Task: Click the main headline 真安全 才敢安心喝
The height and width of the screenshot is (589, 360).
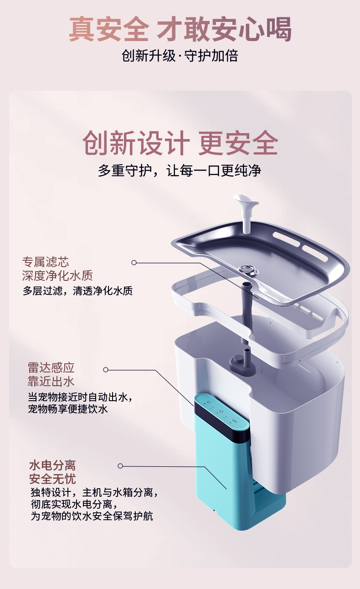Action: (180, 28)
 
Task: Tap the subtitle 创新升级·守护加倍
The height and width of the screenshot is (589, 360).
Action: (180, 56)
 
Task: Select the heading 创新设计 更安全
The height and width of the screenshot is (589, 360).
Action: (180, 143)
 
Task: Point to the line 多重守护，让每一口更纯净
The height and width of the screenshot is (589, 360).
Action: (180, 170)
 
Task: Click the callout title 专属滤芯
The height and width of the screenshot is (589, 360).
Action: (46, 262)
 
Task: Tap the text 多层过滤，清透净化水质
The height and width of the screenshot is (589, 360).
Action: (78, 291)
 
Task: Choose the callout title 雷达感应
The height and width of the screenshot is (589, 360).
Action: (51, 367)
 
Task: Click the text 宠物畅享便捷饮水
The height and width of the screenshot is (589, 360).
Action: (68, 409)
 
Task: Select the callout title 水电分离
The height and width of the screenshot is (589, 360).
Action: (52, 465)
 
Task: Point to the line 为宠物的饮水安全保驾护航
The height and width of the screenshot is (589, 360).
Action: (92, 516)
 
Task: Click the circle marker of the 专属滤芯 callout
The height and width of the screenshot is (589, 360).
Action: (134, 263)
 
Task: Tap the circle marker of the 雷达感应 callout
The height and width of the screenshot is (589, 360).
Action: (106, 370)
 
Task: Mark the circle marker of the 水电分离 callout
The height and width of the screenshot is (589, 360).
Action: (120, 466)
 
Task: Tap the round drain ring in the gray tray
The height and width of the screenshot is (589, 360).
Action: (249, 269)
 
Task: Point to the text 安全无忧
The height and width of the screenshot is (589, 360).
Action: (52, 479)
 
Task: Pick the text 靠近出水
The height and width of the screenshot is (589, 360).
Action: (51, 381)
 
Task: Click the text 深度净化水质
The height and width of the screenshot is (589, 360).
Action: (57, 275)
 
